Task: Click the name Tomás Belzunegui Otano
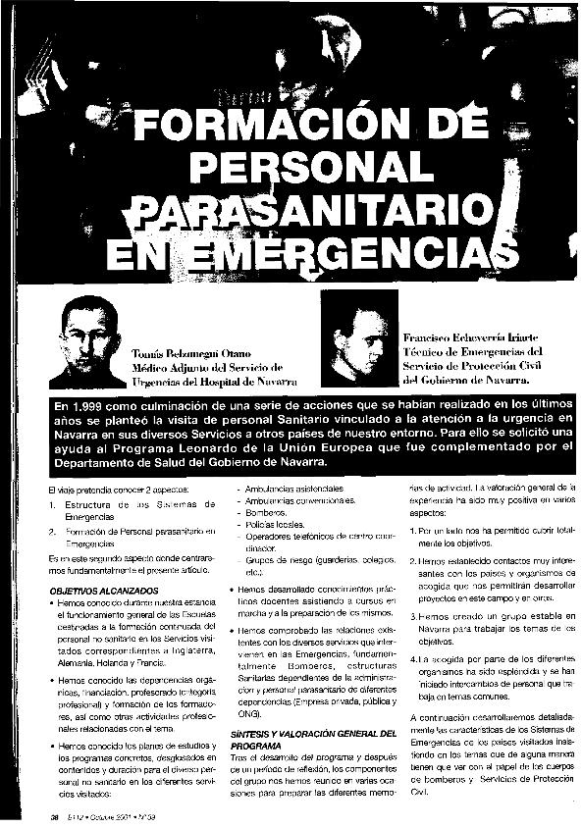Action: tap(193, 353)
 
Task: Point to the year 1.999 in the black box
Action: tap(99, 406)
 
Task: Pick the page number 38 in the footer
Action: tap(42, 816)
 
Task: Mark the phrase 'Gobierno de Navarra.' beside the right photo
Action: tap(477, 379)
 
